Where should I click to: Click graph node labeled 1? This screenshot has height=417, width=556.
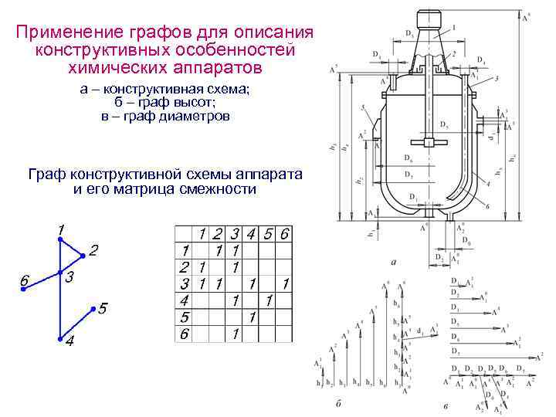click(x=59, y=239)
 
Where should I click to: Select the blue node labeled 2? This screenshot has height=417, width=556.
click(x=82, y=256)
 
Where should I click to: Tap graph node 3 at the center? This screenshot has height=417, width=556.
click(x=59, y=273)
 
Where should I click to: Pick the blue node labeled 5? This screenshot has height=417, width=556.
click(x=93, y=309)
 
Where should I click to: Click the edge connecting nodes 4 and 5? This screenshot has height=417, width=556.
click(x=76, y=324)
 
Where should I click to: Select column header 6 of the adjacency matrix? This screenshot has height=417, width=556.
click(x=286, y=233)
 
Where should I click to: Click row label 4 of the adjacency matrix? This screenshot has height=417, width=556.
click(x=184, y=300)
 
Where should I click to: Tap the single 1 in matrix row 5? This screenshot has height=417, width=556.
click(x=251, y=317)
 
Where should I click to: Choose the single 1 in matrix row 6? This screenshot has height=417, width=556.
click(x=234, y=334)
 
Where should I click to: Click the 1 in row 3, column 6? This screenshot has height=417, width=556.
click(x=286, y=283)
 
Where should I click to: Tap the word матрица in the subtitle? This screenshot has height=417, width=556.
click(x=160, y=189)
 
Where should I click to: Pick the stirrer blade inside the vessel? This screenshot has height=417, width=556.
click(x=427, y=142)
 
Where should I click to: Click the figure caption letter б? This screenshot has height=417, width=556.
click(x=339, y=402)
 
